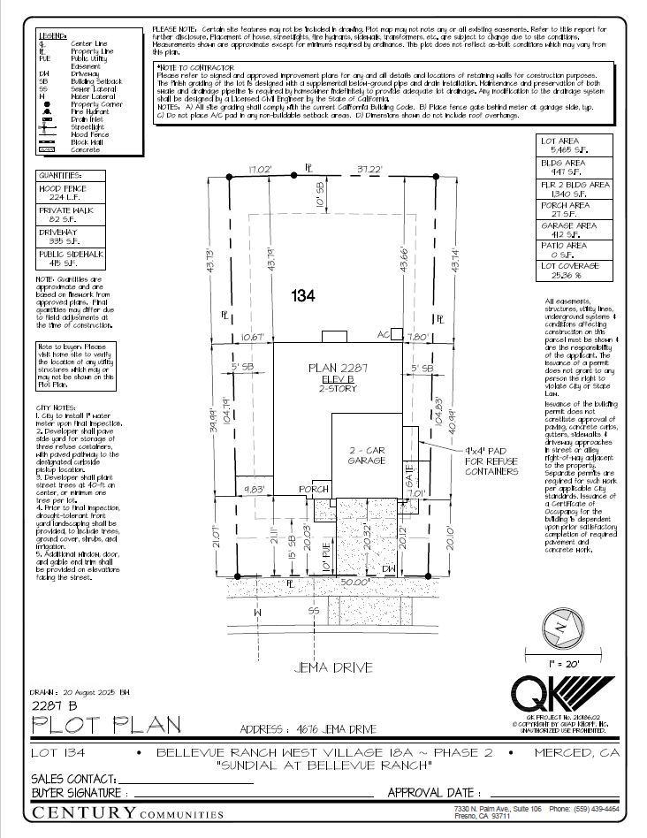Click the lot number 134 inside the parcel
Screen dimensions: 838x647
(x=302, y=297)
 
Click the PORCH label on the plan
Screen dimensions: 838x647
(x=314, y=490)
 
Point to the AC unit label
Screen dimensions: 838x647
(x=384, y=335)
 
